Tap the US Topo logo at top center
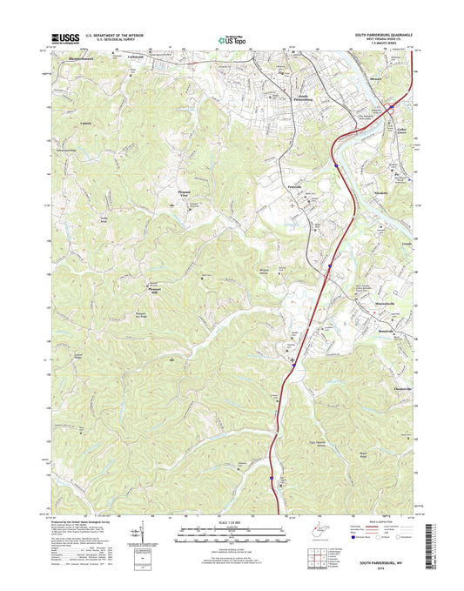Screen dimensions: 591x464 (x=231, y=39)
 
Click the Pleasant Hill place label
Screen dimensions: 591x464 (x=156, y=290)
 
